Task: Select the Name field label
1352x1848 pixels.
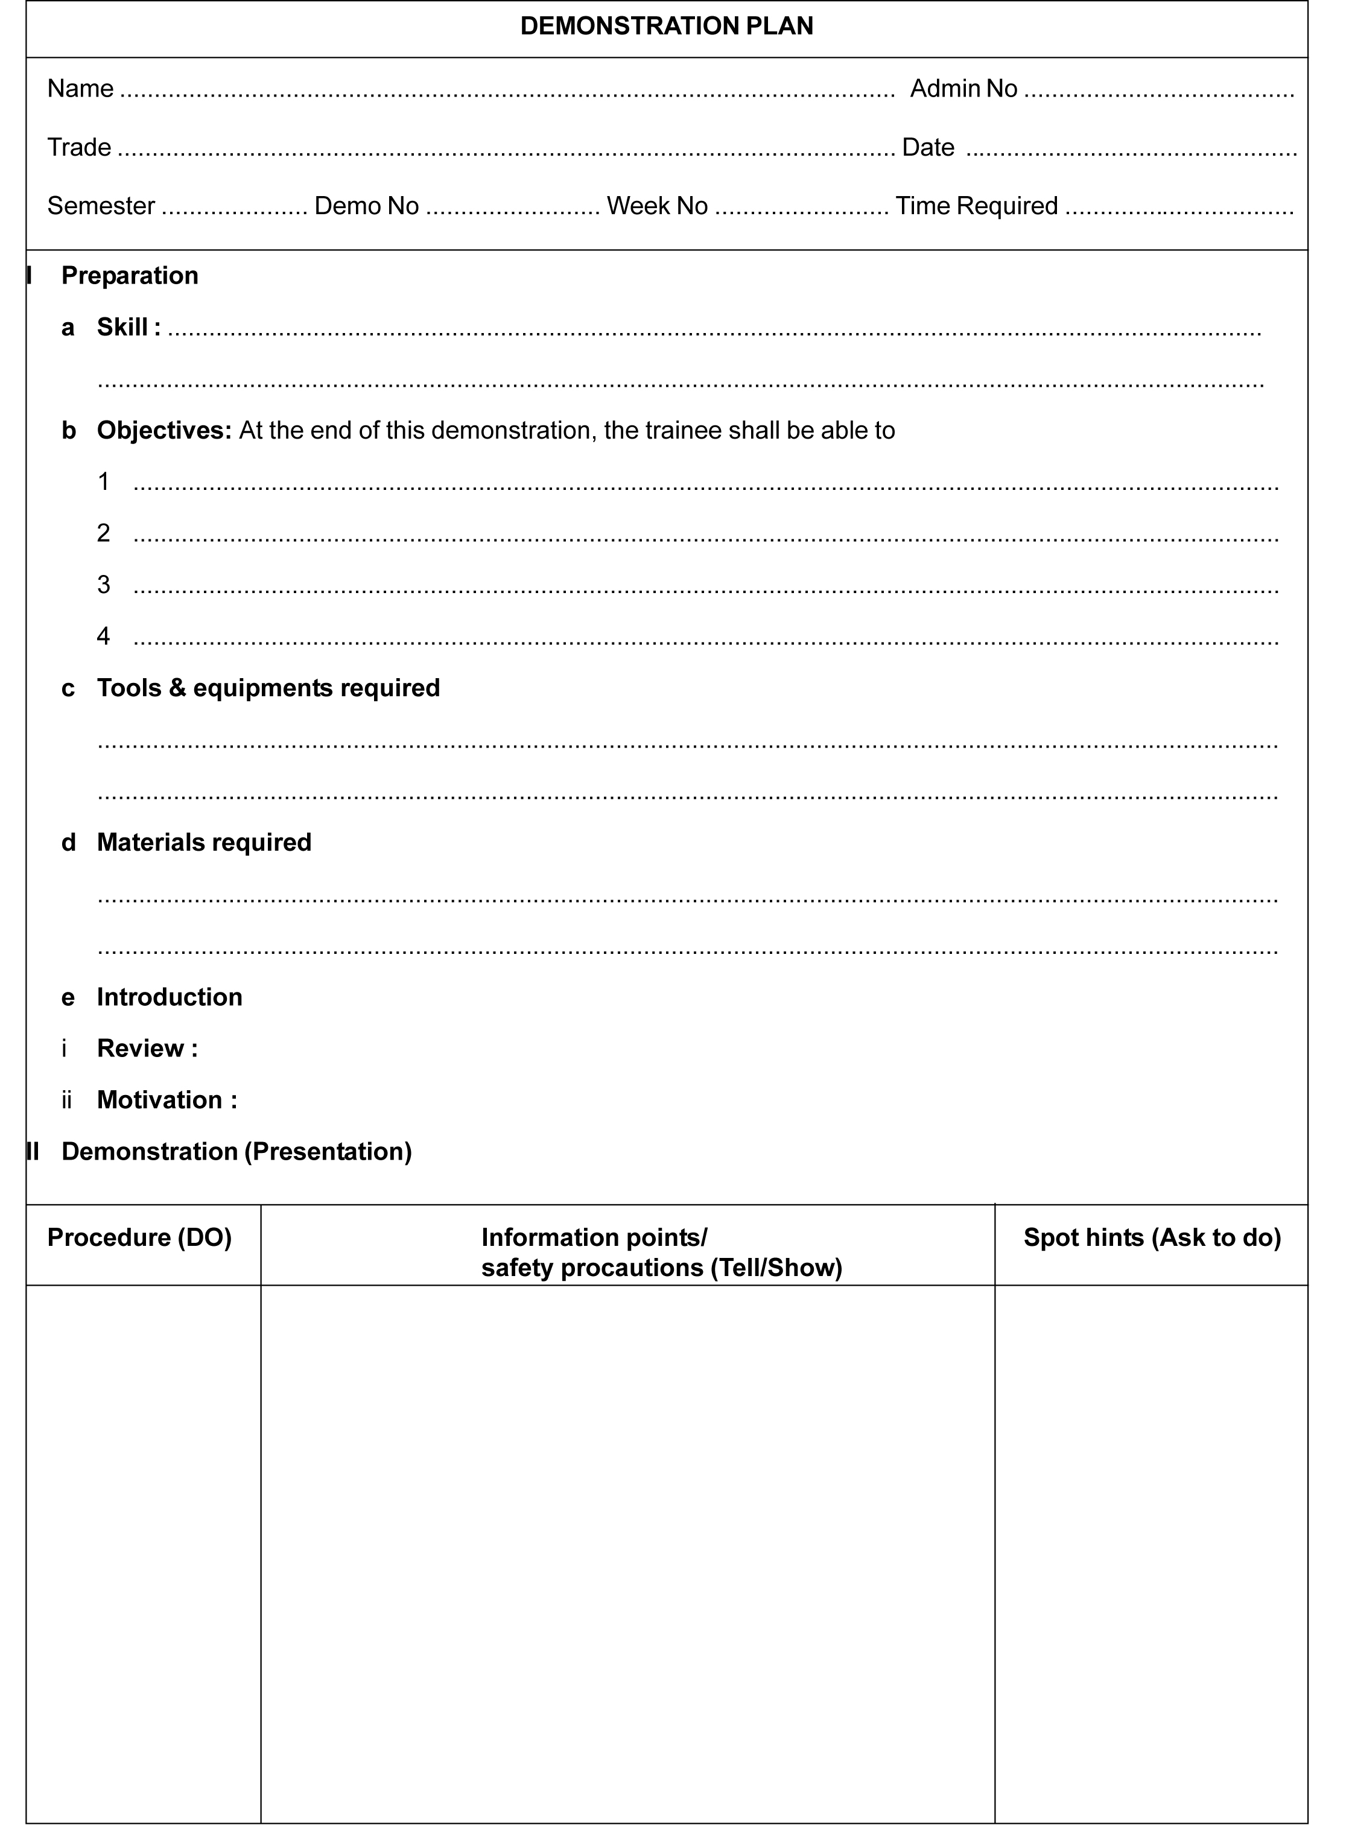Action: tap(80, 89)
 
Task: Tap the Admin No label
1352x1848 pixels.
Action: tap(963, 89)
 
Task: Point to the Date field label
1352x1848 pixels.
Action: tap(927, 147)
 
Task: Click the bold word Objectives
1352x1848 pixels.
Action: tap(163, 431)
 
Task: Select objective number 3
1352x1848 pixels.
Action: tap(103, 585)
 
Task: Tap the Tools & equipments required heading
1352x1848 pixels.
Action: tap(268, 688)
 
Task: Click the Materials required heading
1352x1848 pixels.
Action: tap(204, 843)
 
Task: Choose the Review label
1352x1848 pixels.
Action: tap(140, 1049)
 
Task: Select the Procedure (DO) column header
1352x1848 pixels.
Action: tap(139, 1237)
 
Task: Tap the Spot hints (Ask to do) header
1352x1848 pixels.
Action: tap(1152, 1237)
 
